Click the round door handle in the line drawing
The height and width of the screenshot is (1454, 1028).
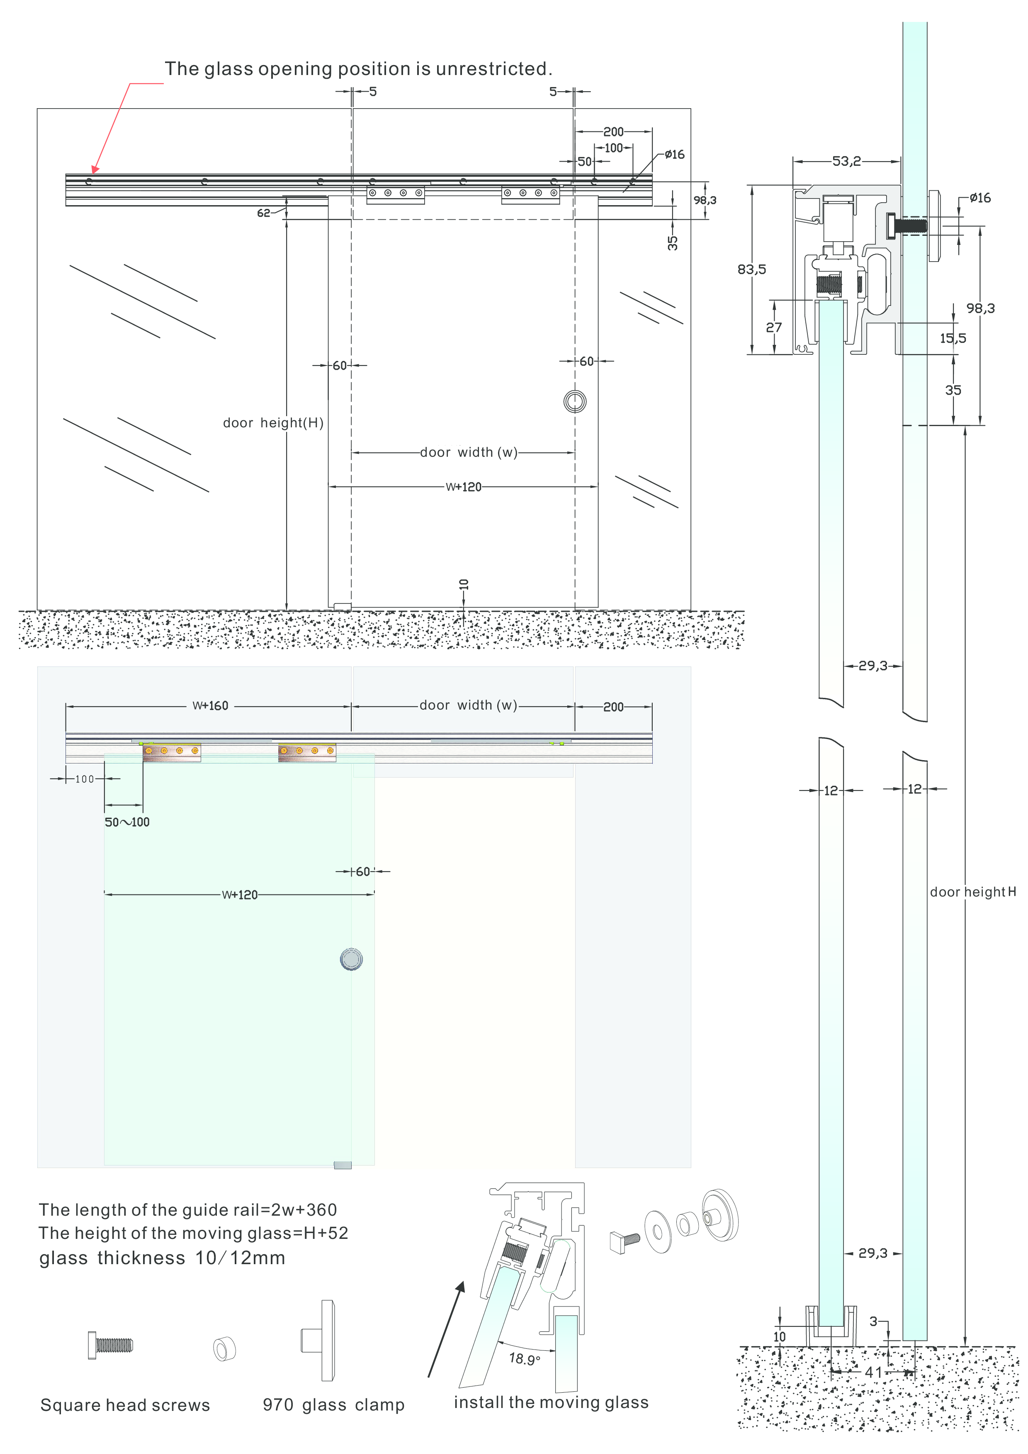pos(574,401)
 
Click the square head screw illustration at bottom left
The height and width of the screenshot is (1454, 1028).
pos(111,1345)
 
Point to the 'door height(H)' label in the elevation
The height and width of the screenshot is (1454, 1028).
pos(273,423)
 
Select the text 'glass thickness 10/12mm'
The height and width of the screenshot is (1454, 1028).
pos(162,1258)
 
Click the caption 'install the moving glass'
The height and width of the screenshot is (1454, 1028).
pos(551,1402)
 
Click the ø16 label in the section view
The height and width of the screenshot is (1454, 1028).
pos(980,198)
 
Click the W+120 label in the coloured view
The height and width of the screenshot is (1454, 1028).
pos(239,895)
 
